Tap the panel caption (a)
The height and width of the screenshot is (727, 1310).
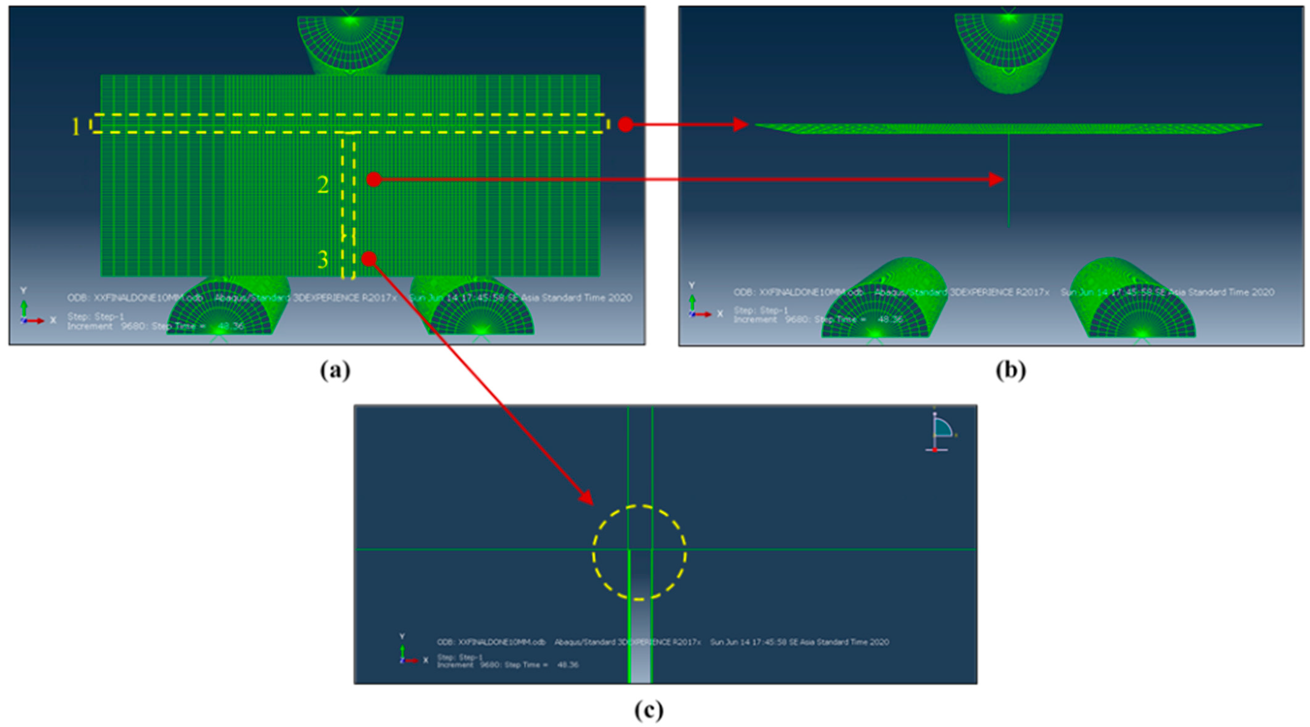tap(335, 371)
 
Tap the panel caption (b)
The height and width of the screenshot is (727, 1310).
tap(1010, 371)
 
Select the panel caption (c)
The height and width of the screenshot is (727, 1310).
tap(649, 710)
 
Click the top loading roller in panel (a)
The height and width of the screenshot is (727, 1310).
tap(350, 43)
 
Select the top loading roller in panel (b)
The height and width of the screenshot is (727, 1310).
tap(1009, 51)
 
